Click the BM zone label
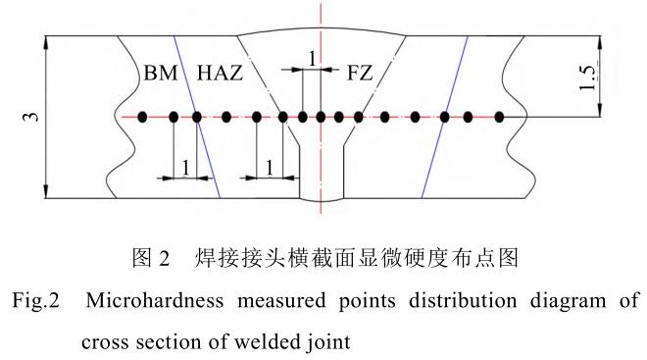pos(161,73)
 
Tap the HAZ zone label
pos(220,73)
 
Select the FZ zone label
pos(360,73)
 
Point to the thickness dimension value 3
pos(31,117)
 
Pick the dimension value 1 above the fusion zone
pos(312,59)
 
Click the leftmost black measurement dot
pos(142,118)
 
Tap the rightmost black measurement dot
pos(499,118)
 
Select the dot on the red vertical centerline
pos(321,118)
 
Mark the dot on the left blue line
pos(197,118)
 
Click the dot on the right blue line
pos(444,118)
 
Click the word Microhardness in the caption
pos(154,300)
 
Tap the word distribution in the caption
pos(463,300)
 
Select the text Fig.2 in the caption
pos(35,300)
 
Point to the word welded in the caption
pos(268,341)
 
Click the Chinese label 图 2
pos(151,258)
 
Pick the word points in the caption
pos(368,301)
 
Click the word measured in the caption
pos(281,300)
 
